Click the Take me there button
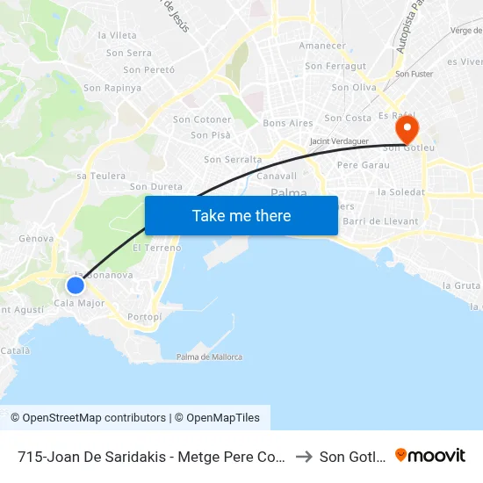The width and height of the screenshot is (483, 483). pos(241,215)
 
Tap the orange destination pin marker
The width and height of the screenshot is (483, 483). pos(407,130)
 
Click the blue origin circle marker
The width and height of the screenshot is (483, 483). pos(76,285)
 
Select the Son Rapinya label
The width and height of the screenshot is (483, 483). pos(112,88)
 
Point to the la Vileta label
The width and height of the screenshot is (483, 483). pos(118,35)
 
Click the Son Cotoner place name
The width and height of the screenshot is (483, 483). pos(202,119)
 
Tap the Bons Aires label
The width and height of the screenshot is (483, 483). pos(288,123)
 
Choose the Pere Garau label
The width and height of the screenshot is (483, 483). pos(363,165)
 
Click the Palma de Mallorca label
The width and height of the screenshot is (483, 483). pos(209,357)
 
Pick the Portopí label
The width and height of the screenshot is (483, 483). pos(144,316)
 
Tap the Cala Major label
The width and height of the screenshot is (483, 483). pos(79,304)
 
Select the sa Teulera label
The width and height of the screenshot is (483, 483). pos(101,176)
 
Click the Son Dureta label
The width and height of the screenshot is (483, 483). pos(156,187)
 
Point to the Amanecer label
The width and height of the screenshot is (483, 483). pos(322,46)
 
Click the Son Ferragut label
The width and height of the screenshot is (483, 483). pos(335,66)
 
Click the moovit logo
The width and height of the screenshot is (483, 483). pos(430,455)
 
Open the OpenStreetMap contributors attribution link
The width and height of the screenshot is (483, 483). pos(88,418)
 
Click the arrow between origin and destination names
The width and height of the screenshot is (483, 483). pos(304,456)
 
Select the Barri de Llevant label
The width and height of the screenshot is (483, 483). pos(386,221)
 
